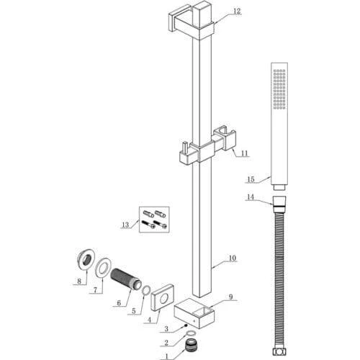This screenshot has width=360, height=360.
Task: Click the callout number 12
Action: (237, 11)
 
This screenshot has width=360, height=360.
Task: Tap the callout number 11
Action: (244, 153)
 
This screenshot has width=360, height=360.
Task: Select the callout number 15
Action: (251, 179)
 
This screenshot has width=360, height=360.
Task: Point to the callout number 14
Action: (251, 197)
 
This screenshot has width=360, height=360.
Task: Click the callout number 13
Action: (125, 225)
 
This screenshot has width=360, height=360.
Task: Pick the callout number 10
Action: (233, 258)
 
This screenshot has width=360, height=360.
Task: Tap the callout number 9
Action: (230, 297)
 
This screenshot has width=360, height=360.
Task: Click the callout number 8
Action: (79, 281)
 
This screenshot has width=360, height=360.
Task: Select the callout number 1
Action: (167, 356)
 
